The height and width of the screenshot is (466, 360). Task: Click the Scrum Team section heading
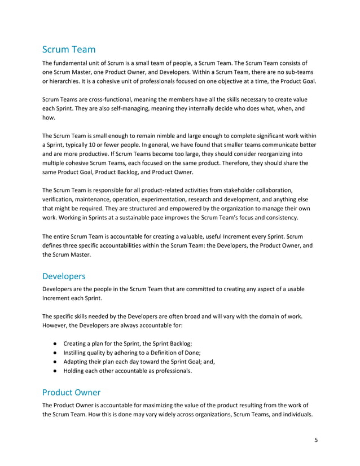point(69,50)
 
